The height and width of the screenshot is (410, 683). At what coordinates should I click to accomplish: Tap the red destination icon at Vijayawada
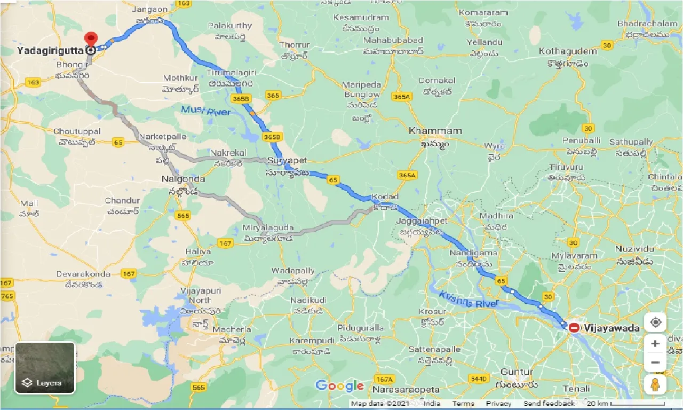pyautogui.click(x=574, y=328)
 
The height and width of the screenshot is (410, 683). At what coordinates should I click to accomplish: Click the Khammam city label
pyautogui.click(x=435, y=131)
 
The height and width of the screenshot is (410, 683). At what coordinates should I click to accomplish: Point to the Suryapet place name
pyautogui.click(x=288, y=161)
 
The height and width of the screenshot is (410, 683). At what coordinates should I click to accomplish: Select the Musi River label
pyautogui.click(x=205, y=111)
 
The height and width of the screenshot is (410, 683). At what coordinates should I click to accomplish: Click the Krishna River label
pyautogui.click(x=468, y=299)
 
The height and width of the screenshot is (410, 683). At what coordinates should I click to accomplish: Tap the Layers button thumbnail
pyautogui.click(x=45, y=367)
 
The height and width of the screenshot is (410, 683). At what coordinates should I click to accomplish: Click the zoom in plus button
pyautogui.click(x=655, y=343)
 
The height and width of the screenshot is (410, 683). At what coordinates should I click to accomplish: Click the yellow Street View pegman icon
pyautogui.click(x=655, y=384)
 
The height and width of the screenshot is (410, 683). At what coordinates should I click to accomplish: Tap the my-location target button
pyautogui.click(x=655, y=322)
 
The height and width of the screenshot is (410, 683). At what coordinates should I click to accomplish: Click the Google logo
pyautogui.click(x=339, y=385)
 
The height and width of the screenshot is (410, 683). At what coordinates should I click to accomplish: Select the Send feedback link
pyautogui.click(x=549, y=404)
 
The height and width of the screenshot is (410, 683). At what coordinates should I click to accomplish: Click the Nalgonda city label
pyautogui.click(x=183, y=179)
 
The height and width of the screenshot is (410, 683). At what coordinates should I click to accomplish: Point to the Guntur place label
pyautogui.click(x=517, y=372)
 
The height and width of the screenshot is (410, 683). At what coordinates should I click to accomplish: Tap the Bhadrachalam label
pyautogui.click(x=647, y=23)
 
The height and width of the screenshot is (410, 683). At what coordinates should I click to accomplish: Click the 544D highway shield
pyautogui.click(x=479, y=379)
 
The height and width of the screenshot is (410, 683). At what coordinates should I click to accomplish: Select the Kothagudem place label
pyautogui.click(x=568, y=51)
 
